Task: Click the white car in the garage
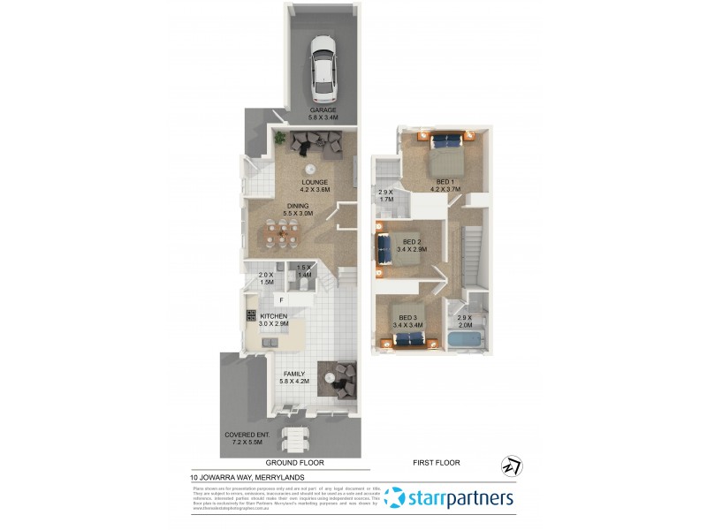pos(324,68)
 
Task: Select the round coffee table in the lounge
pos(311,170)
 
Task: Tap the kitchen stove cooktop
pos(252,315)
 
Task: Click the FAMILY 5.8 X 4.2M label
pos(292,377)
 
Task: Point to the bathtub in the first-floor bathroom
pos(465,338)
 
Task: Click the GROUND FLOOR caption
pos(295,463)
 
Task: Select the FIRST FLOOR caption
pos(437,463)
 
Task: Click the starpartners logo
pos(451,498)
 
